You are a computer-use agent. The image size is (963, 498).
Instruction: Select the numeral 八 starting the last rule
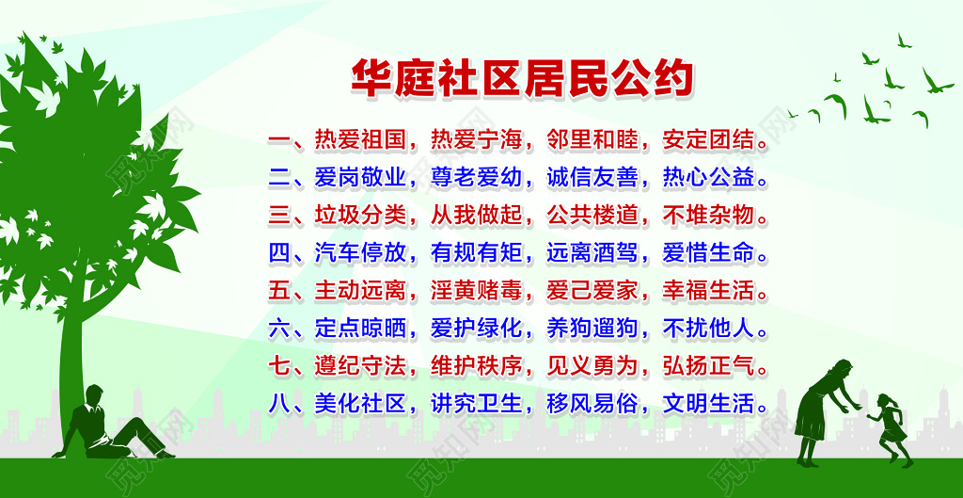click(x=278, y=404)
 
